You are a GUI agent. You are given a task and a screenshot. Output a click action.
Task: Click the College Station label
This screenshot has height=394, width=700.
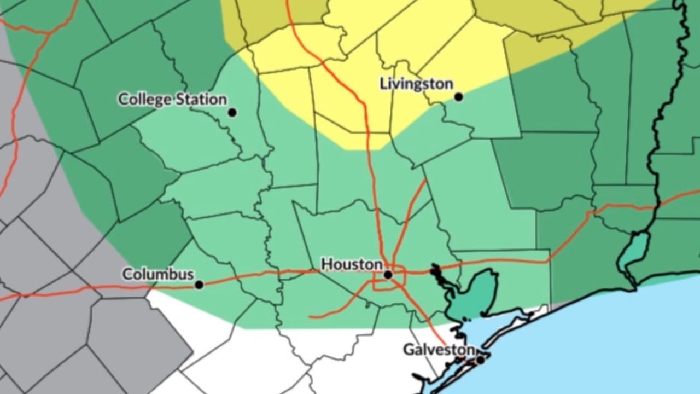pyautogui.click(x=172, y=100)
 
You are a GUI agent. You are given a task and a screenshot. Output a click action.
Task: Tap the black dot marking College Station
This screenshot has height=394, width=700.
pyautogui.click(x=232, y=113)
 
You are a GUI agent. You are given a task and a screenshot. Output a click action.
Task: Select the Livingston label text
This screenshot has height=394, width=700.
pyautogui.click(x=416, y=84)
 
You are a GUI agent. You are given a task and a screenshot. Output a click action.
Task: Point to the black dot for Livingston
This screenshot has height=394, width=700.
pyautogui.click(x=458, y=97)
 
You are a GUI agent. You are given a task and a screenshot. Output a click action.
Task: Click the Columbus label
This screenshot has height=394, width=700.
pyautogui.click(x=158, y=274)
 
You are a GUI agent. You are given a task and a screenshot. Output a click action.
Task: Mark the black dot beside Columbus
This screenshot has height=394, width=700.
pyautogui.click(x=199, y=285)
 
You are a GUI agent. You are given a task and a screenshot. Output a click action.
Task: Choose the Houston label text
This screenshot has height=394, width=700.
pyautogui.click(x=352, y=265)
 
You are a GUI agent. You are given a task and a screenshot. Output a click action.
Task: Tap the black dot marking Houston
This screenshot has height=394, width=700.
pyautogui.click(x=388, y=274)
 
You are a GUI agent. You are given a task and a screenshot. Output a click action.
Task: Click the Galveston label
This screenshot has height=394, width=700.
pyautogui.click(x=439, y=350)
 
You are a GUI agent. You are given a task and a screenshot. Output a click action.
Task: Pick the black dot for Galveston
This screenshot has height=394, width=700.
pyautogui.click(x=480, y=360)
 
